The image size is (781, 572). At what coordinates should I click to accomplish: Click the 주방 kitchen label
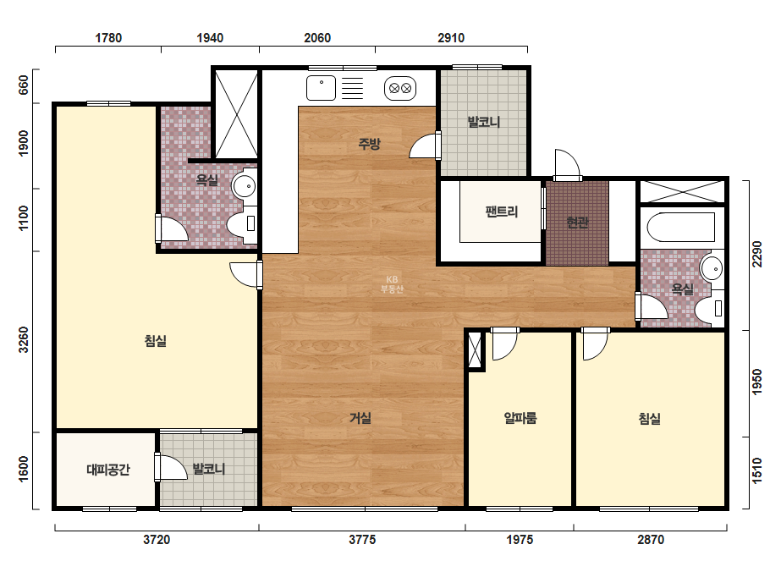click(370, 144)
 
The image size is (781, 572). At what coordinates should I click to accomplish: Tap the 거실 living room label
click(360, 417)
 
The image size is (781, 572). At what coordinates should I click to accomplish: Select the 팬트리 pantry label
click(502, 212)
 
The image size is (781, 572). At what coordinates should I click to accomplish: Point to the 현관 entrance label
click(577, 223)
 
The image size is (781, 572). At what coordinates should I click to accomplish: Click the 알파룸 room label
click(520, 417)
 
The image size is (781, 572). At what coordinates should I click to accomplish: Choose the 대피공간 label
click(108, 470)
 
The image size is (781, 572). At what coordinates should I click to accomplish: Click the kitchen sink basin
click(322, 88)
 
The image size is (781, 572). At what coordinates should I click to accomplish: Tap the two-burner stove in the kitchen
click(400, 89)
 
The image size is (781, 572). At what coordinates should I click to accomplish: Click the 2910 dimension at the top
click(451, 38)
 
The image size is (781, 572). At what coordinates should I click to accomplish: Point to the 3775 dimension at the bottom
click(362, 540)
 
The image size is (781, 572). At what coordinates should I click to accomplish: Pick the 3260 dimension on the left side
click(24, 340)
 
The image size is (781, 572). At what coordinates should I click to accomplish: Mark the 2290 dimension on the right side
click(757, 254)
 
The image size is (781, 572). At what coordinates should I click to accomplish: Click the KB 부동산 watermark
click(392, 284)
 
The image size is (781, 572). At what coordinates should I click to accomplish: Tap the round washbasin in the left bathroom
click(244, 187)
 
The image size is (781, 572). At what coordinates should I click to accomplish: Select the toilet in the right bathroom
click(709, 308)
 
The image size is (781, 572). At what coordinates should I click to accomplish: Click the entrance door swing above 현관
click(568, 164)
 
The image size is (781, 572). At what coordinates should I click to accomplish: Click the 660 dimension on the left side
click(24, 85)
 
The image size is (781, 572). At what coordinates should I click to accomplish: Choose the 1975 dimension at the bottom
click(520, 540)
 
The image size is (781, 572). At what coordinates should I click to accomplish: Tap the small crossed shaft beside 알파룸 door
click(476, 350)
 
